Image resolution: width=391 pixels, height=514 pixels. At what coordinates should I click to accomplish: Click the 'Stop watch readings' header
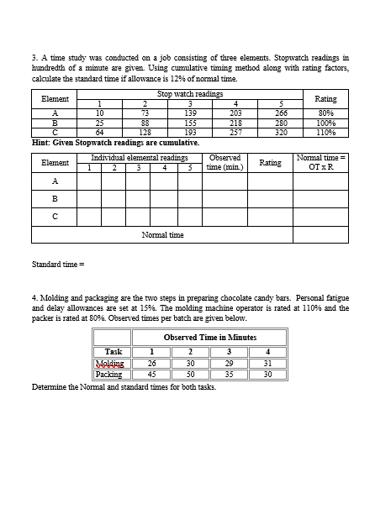pos(189,94)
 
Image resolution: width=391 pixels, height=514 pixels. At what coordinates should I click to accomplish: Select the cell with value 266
pos(282,112)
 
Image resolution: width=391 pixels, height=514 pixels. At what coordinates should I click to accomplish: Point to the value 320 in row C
pos(282,132)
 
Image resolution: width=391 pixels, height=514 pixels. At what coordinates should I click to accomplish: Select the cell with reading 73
pos(145,112)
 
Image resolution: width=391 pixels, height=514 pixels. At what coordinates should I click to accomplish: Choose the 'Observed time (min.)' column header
pos(225,162)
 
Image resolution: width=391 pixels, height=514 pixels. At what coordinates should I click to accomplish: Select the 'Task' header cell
pos(113,352)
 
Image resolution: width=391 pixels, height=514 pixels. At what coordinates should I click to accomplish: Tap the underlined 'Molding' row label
pos(112,364)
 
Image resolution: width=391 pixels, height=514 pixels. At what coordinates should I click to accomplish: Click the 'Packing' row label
pos(112,375)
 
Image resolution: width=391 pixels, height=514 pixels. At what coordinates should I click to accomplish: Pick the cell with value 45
pos(151,375)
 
